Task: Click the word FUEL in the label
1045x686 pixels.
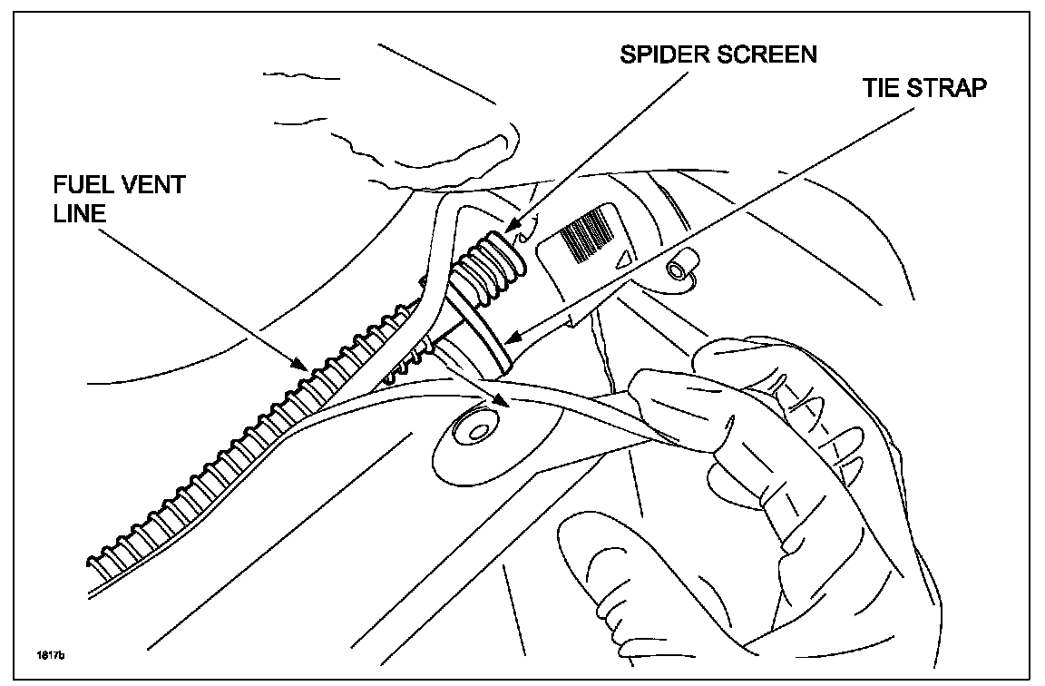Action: [x=81, y=185]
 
